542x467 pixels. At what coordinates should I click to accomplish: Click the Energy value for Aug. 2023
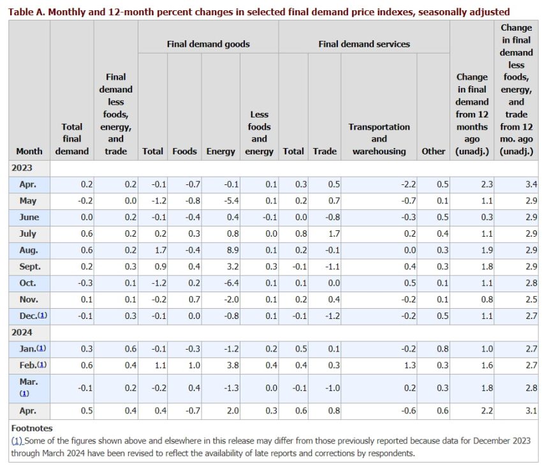(x=233, y=250)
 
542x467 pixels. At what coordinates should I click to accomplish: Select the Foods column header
(x=184, y=151)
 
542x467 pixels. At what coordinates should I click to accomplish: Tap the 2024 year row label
(x=22, y=332)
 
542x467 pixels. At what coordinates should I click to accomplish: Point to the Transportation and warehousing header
(x=379, y=139)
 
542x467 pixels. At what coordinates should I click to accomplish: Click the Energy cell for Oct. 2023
(x=231, y=283)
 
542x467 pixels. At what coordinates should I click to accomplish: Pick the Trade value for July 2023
(x=334, y=234)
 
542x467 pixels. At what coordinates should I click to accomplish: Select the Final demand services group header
(x=364, y=44)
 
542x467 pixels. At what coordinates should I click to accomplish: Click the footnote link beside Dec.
(x=43, y=315)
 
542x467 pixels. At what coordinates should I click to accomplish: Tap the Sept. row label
(x=30, y=267)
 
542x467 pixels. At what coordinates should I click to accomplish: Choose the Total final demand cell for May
(x=85, y=201)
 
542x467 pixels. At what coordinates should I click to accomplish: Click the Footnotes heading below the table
(x=32, y=428)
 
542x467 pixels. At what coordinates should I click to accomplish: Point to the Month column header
(x=29, y=151)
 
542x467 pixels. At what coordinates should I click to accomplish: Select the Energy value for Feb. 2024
(x=233, y=366)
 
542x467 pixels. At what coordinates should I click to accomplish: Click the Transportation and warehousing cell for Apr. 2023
(x=408, y=184)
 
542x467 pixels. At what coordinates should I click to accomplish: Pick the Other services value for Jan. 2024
(x=443, y=349)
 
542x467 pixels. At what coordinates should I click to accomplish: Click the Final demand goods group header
(x=208, y=44)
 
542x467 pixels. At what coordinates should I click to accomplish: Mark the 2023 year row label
(x=22, y=168)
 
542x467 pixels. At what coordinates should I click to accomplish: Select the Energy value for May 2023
(x=231, y=201)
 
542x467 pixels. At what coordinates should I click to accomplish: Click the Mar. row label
(x=29, y=382)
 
